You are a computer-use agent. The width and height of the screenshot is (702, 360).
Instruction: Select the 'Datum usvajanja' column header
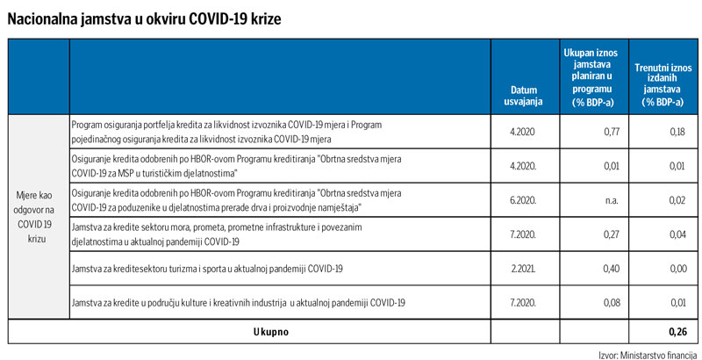(526, 95)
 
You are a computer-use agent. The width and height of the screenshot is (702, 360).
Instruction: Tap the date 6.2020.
(526, 200)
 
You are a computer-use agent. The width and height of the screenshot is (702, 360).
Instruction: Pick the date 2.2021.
(526, 269)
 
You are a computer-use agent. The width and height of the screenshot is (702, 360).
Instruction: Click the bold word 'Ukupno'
(270, 332)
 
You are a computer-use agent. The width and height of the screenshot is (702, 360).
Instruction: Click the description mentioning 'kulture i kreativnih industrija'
(237, 303)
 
